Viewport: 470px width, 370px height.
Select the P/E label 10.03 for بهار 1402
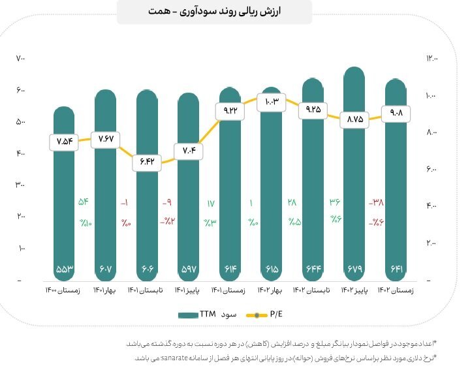click(272, 102)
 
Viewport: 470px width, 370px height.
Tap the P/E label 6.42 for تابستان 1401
click(147, 162)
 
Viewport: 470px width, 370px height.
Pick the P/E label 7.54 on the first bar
click(64, 142)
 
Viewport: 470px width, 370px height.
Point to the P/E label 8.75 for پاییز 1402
click(354, 120)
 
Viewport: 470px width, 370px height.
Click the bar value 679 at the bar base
click(354, 269)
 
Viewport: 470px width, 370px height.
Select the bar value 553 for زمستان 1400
click(65, 269)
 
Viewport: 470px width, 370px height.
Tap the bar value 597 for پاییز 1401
click(189, 269)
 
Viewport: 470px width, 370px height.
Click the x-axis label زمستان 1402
click(396, 290)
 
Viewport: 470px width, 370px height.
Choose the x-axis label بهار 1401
click(104, 290)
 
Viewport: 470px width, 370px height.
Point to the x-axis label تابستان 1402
click(311, 290)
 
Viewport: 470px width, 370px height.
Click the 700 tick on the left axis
click(20, 58)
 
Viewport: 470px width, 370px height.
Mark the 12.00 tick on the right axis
click(432, 58)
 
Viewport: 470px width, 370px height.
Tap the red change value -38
click(376, 202)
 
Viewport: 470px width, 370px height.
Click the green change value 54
click(84, 202)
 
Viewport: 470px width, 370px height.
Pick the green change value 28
click(292, 202)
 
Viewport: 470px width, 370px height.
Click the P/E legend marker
click(257, 315)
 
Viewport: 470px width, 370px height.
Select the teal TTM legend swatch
click(188, 315)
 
